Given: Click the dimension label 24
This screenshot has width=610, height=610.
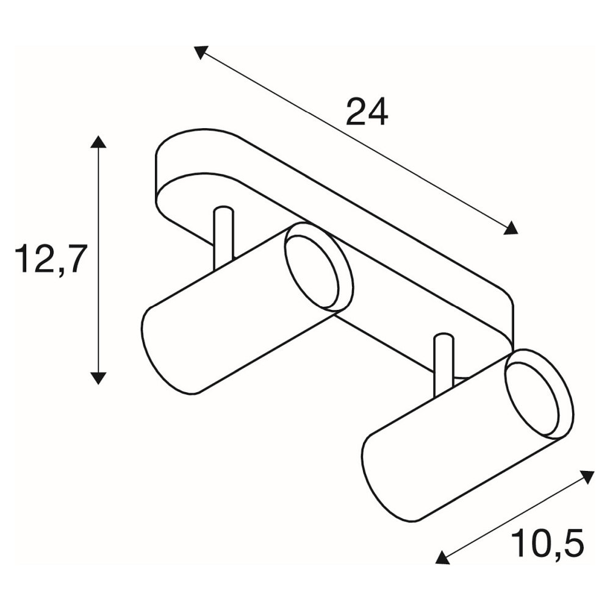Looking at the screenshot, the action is click(x=367, y=112).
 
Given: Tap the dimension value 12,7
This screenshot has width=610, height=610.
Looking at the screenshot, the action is click(x=49, y=259).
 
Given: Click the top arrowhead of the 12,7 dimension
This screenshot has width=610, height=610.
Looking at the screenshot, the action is click(x=98, y=142).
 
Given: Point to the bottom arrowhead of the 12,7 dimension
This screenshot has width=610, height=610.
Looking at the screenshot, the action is click(x=98, y=378).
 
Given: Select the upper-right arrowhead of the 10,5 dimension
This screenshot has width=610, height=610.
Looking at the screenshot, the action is click(x=588, y=476).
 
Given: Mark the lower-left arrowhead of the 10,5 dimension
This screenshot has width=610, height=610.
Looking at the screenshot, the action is click(x=443, y=557).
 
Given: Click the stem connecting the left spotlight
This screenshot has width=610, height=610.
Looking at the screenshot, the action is click(x=224, y=238).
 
